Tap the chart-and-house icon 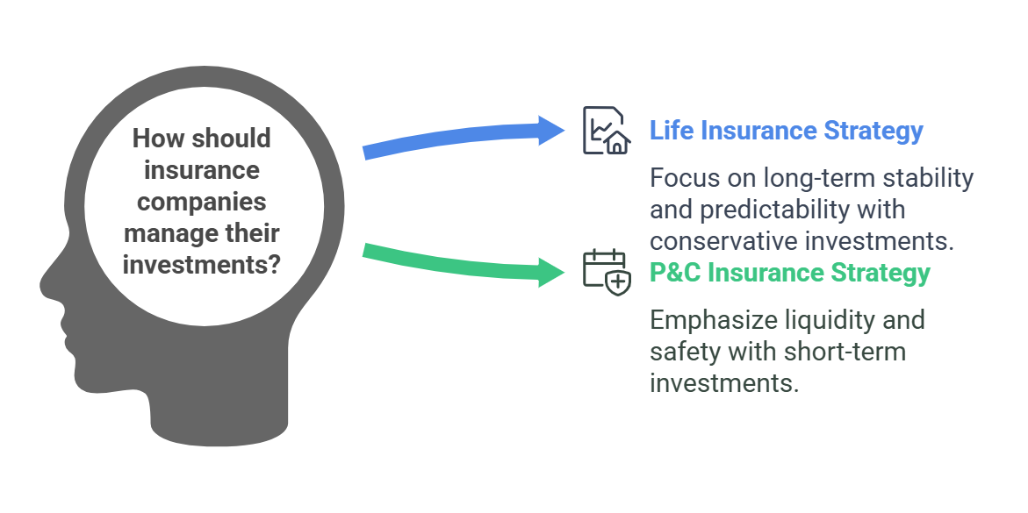tap(607, 131)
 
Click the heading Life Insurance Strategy tap(786, 131)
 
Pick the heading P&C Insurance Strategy tap(789, 273)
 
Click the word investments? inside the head tap(202, 266)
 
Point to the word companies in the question tap(201, 202)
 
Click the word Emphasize tap(712, 320)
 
